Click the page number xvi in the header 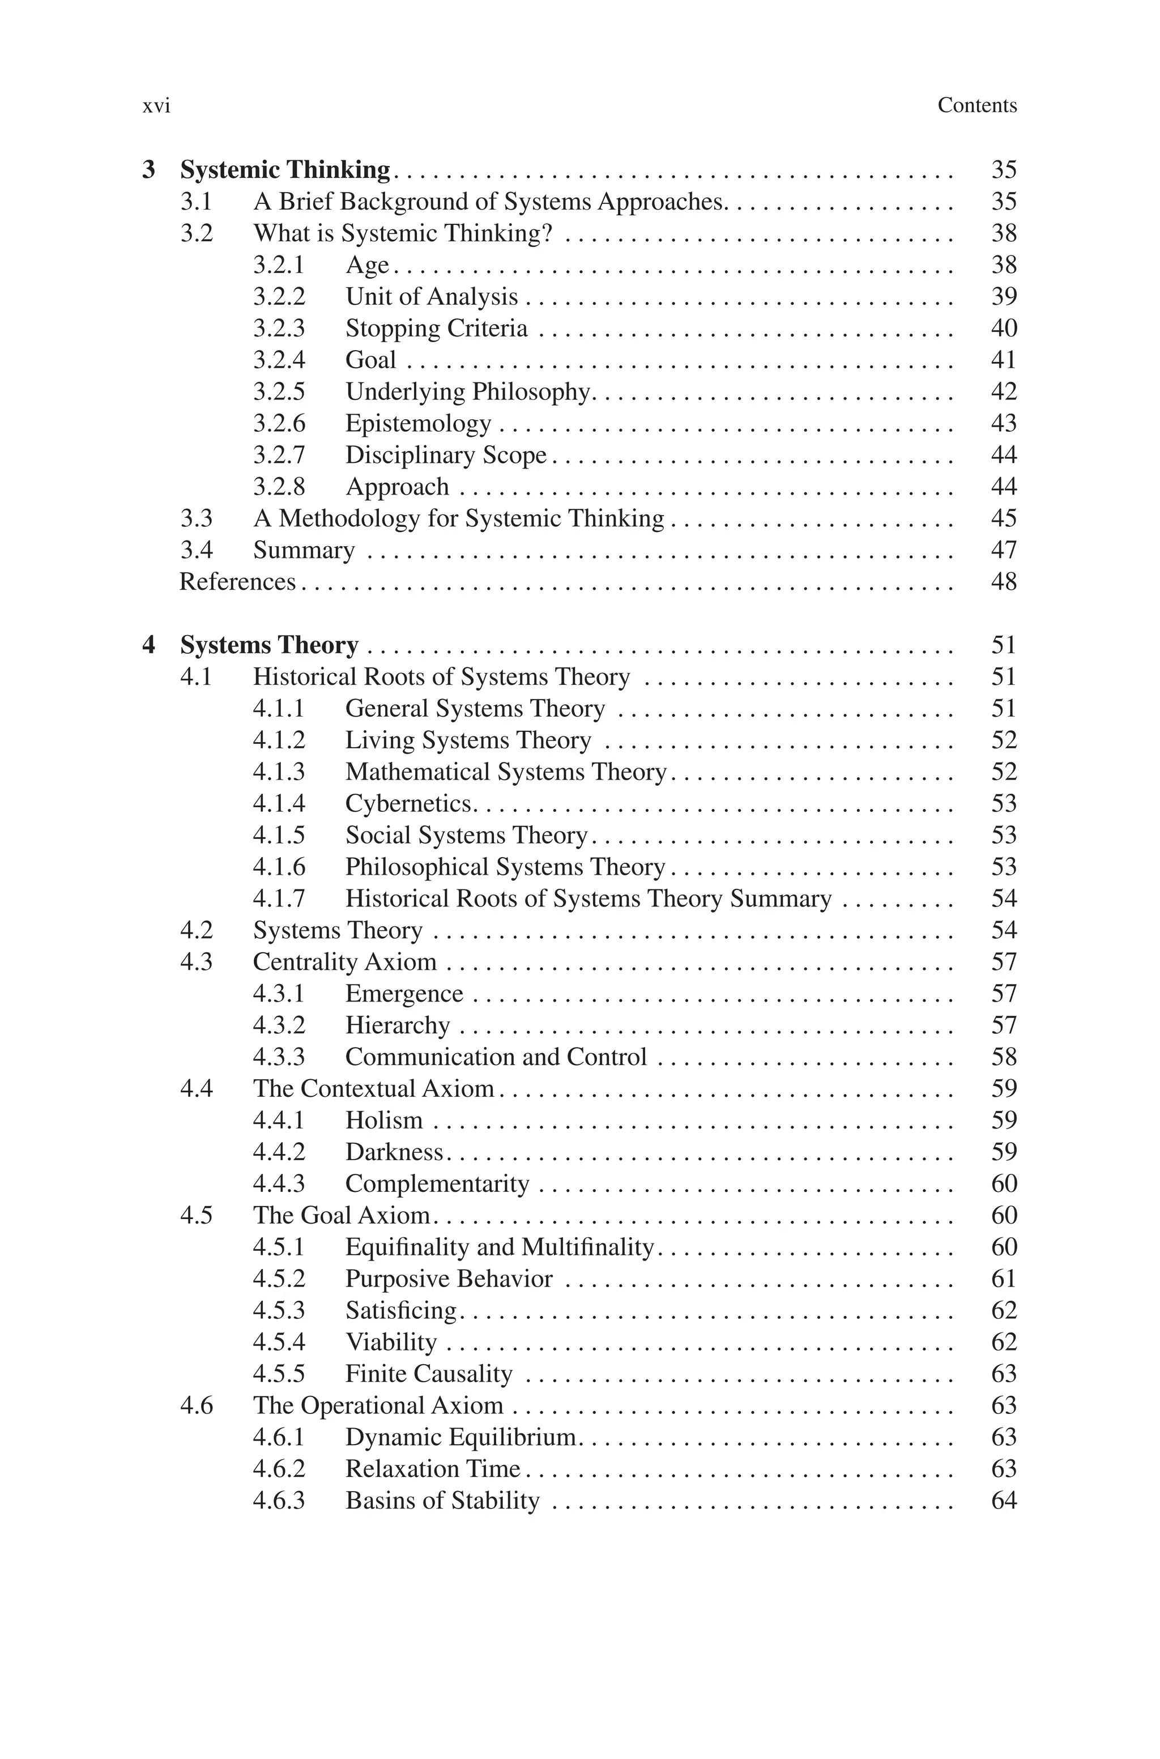[x=156, y=107]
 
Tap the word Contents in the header [x=976, y=106]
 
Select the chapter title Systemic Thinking [x=285, y=170]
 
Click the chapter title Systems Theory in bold [x=269, y=645]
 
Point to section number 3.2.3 [x=279, y=329]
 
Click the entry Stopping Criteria [x=437, y=329]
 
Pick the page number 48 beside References [x=1003, y=582]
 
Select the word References [x=237, y=582]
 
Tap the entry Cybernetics [x=408, y=804]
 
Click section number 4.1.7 [x=279, y=898]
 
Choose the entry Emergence [x=404, y=994]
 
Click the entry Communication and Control [x=496, y=1057]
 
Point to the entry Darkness [x=394, y=1152]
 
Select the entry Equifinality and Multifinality [x=500, y=1247]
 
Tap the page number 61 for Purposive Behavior [x=1003, y=1279]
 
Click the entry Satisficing [x=401, y=1311]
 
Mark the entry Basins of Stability [x=442, y=1501]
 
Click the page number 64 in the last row [x=1003, y=1501]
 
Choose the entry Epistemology [x=418, y=424]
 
